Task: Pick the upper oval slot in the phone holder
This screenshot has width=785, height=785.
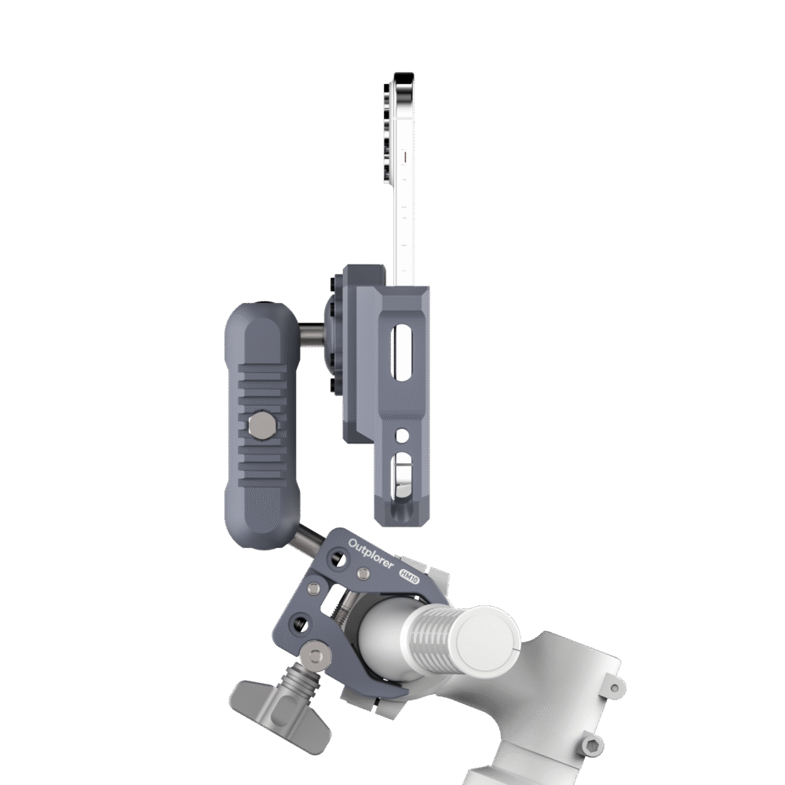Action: click(400, 353)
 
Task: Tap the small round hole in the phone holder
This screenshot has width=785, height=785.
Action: click(401, 436)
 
